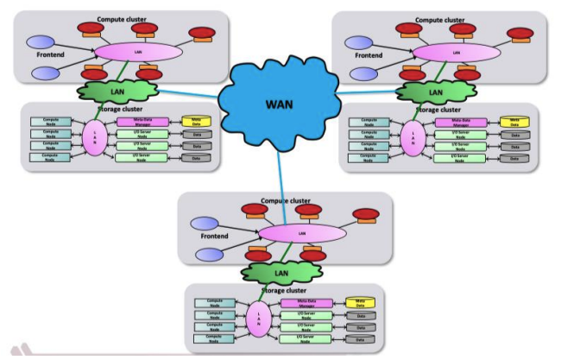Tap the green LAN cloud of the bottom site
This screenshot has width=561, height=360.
click(278, 273)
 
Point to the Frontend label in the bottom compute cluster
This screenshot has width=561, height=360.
click(205, 235)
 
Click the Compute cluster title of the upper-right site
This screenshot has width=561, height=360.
click(445, 19)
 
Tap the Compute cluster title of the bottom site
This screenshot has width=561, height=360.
click(285, 200)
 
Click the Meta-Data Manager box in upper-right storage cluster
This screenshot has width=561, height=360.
click(457, 123)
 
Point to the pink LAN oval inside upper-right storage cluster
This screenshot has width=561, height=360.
click(410, 138)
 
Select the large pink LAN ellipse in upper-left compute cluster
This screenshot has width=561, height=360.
click(138, 52)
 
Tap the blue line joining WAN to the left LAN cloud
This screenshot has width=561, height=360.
click(191, 94)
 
